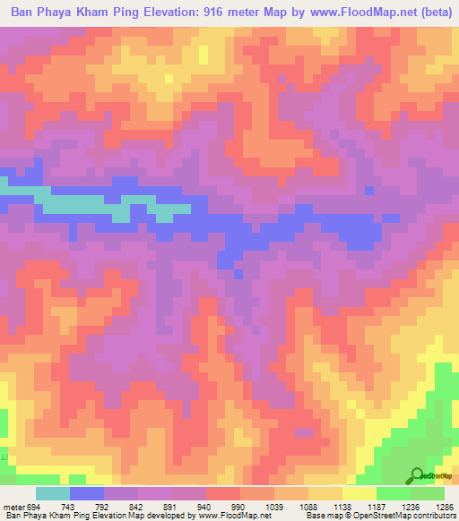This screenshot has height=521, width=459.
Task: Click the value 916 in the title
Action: (221, 14)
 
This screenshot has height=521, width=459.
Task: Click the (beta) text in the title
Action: (431, 14)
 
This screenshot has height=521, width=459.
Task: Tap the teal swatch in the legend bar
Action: (53, 493)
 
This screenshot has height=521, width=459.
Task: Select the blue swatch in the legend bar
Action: (87, 493)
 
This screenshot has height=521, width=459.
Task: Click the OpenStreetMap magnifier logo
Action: (416, 475)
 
